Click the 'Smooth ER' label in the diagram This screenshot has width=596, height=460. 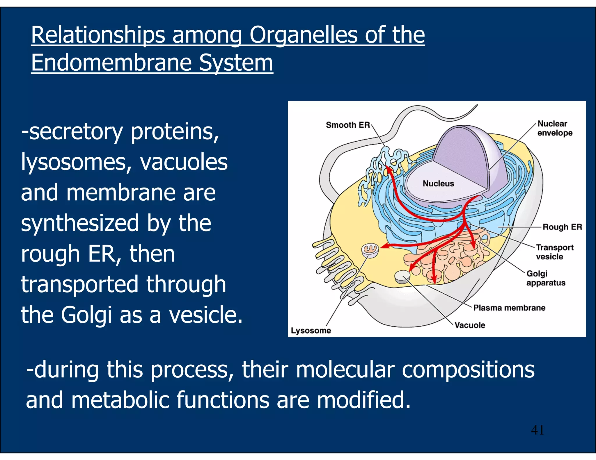(x=347, y=125)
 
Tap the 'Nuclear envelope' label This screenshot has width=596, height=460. (x=554, y=128)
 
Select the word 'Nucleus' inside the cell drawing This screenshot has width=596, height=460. (x=438, y=183)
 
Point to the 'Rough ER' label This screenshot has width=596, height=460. (x=562, y=227)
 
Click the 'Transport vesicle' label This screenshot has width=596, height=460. (x=554, y=252)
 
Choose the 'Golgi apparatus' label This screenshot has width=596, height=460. (x=545, y=278)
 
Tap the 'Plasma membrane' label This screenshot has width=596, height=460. (x=509, y=308)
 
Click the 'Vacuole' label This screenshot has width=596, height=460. (x=469, y=325)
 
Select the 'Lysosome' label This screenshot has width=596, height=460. (x=311, y=330)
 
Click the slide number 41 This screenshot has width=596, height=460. (x=537, y=430)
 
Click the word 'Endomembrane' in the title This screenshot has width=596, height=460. (x=111, y=63)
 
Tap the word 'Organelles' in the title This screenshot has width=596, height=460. (x=303, y=35)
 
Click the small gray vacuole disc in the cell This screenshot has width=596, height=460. (x=402, y=276)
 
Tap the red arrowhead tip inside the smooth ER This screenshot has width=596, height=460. (x=388, y=168)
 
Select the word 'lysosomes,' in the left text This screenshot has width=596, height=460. (x=77, y=162)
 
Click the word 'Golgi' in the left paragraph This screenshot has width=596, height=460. (x=86, y=315)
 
